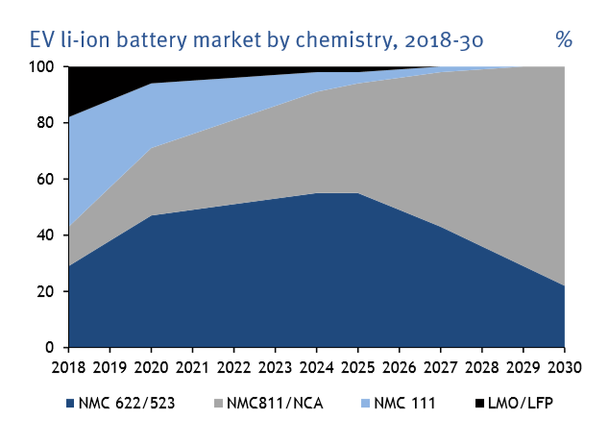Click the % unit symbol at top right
coord(563,40)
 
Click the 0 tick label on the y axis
coord(54,347)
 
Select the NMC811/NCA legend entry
coord(271,403)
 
